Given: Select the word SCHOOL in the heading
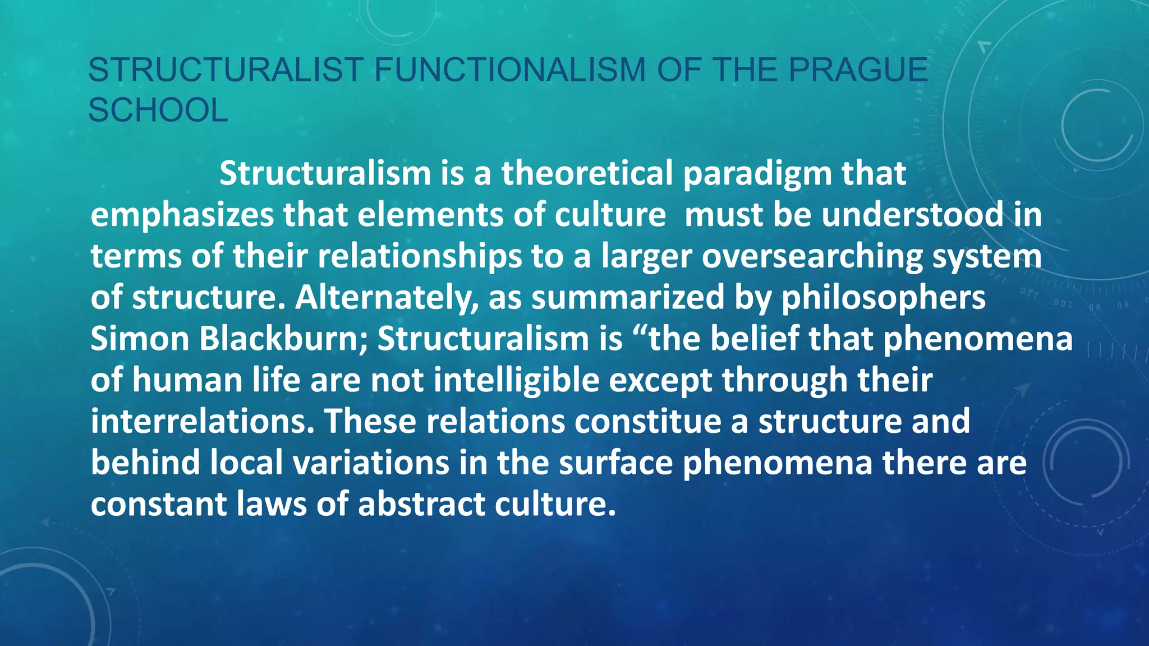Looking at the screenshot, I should tap(158, 110).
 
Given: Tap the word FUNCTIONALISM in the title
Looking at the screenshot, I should tap(509, 70).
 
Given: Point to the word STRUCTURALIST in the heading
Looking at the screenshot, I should tap(226, 70).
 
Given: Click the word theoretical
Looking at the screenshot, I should tap(587, 173).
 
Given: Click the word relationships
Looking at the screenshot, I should tap(420, 257).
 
